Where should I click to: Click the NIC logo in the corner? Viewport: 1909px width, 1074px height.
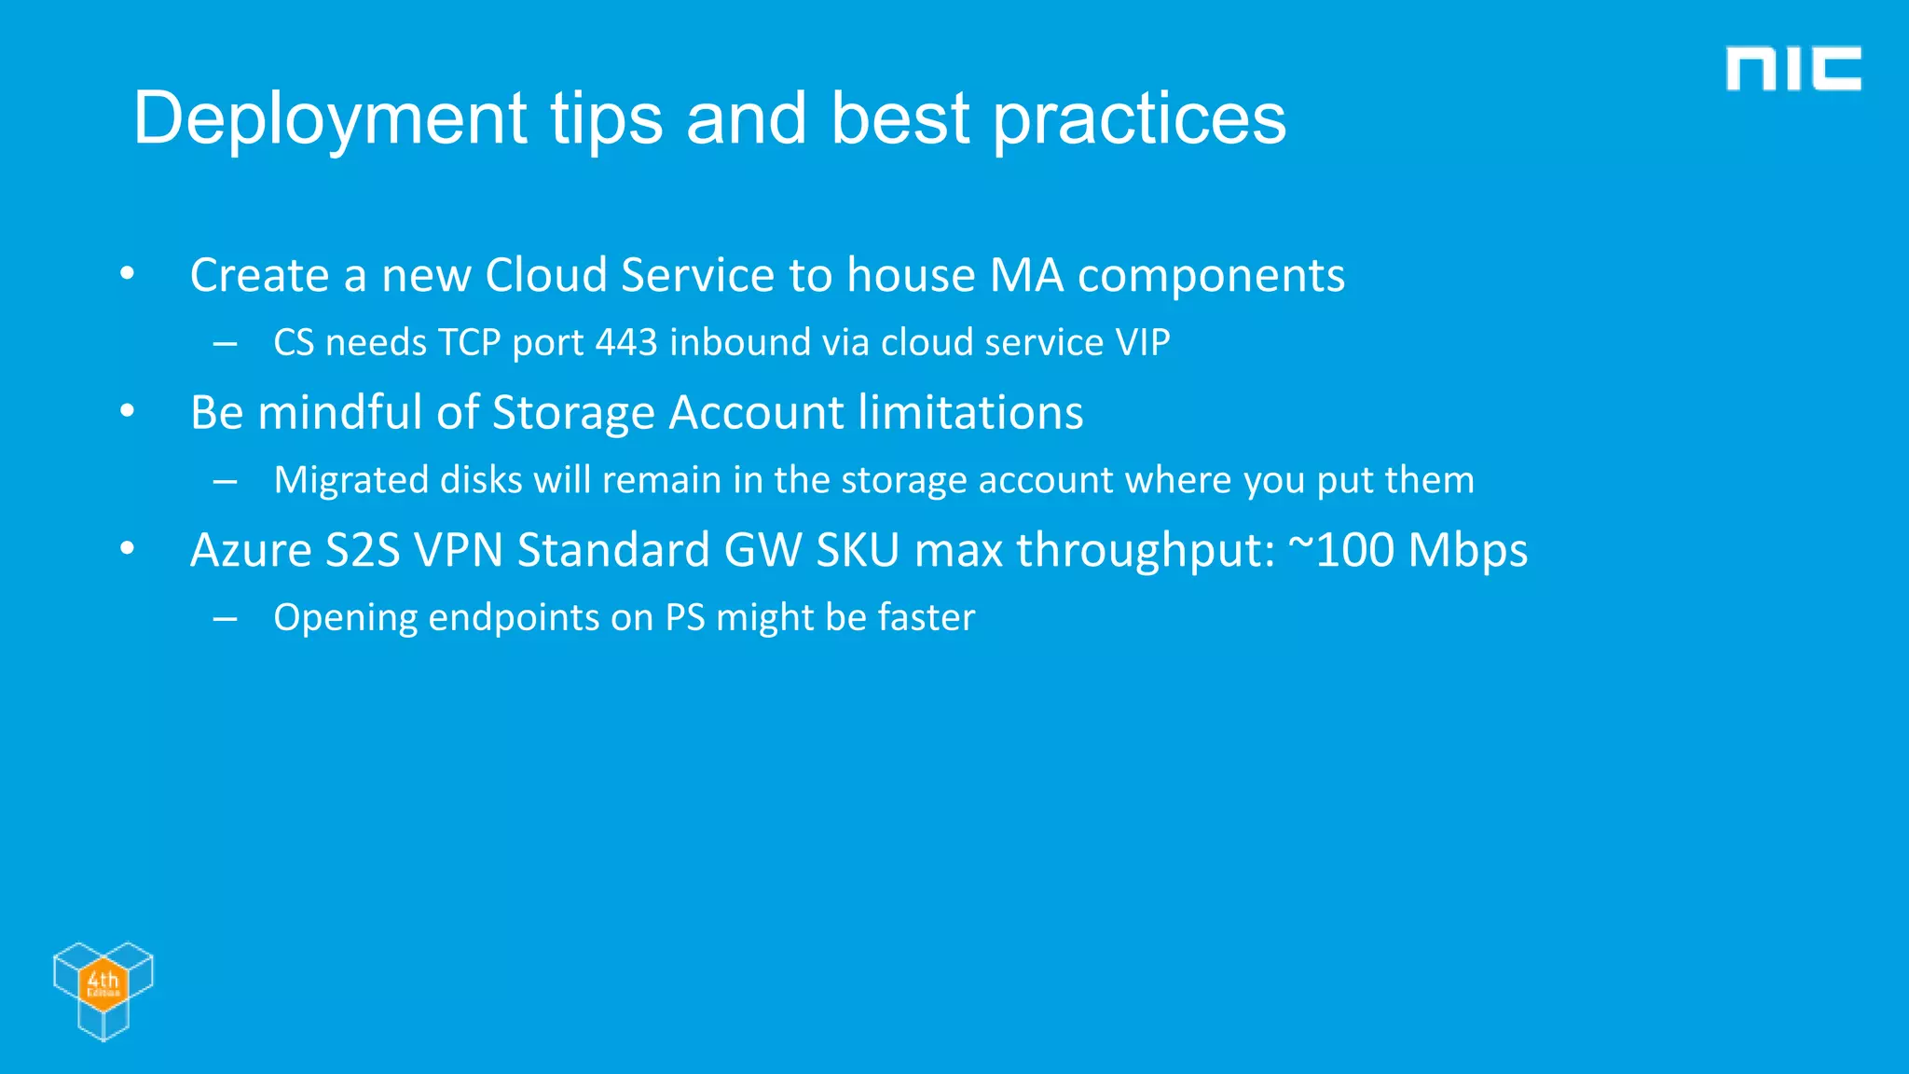click(1792, 69)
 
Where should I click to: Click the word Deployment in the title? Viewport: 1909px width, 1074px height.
click(330, 119)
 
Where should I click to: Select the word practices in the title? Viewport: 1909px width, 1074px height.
click(1138, 119)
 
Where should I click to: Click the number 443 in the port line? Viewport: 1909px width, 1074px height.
click(626, 342)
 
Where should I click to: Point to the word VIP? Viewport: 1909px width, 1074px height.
click(1142, 342)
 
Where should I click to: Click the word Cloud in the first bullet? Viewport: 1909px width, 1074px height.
click(546, 275)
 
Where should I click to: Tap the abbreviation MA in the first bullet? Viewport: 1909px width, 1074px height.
click(1026, 275)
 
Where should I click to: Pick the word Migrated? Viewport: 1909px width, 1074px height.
click(350, 480)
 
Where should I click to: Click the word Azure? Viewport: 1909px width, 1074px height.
click(251, 549)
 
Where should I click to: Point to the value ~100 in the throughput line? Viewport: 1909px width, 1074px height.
click(1340, 549)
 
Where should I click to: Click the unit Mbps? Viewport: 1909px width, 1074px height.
click(1468, 551)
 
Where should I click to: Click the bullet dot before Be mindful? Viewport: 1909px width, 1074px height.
click(128, 411)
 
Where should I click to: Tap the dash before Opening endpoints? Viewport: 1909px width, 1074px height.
click(225, 618)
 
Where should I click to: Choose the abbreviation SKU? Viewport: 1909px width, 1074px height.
click(858, 549)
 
